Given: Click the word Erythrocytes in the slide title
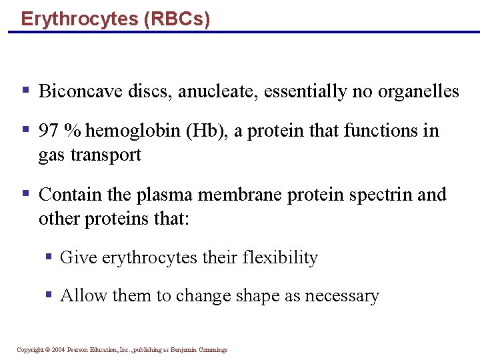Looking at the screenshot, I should pyautogui.click(x=79, y=19).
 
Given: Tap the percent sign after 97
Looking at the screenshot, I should pyautogui.click(x=73, y=131).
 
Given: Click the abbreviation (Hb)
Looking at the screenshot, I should pyautogui.click(x=205, y=131).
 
